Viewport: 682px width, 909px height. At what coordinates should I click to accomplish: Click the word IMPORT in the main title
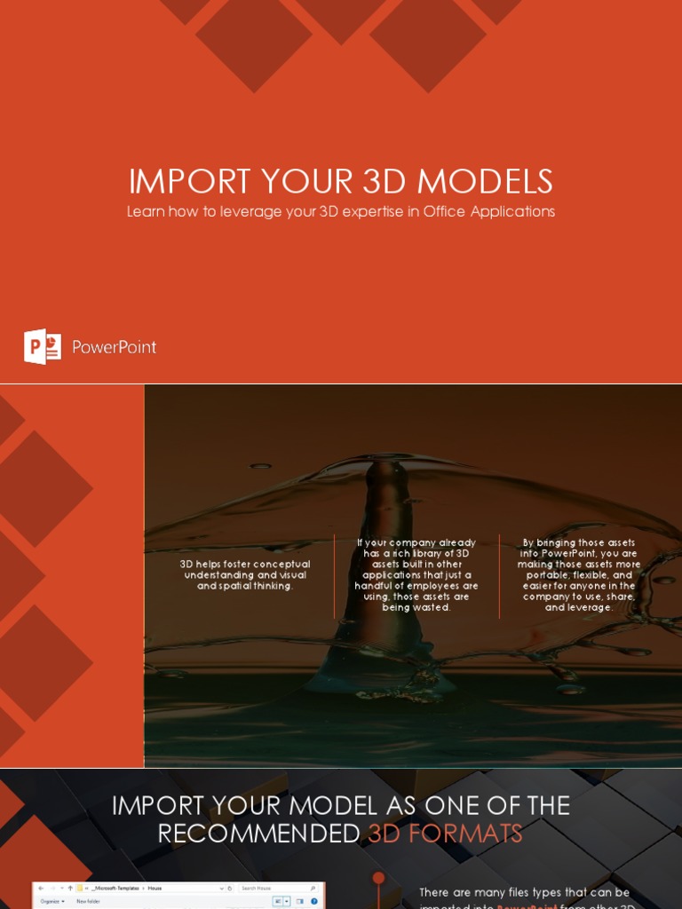coord(189,182)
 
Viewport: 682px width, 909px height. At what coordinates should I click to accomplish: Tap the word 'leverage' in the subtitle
coord(263,212)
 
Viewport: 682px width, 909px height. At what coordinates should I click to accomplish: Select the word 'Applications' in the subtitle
coord(511,212)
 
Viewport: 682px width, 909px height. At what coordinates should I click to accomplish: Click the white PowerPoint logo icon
coord(42,346)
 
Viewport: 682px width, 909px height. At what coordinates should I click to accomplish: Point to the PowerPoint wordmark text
coord(114,347)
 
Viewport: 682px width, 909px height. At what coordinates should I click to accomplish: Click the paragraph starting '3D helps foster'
coord(245,575)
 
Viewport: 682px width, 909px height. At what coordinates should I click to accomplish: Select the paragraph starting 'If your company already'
coord(416,575)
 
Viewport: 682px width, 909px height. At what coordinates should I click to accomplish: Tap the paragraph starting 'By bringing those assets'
coord(579,575)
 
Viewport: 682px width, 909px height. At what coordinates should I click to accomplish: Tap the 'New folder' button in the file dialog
coord(88,901)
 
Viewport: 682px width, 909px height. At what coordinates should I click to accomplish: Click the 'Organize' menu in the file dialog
coord(52,901)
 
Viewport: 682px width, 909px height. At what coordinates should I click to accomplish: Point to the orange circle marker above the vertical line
coord(378,878)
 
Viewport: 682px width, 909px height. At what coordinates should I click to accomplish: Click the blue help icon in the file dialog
coord(313,901)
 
